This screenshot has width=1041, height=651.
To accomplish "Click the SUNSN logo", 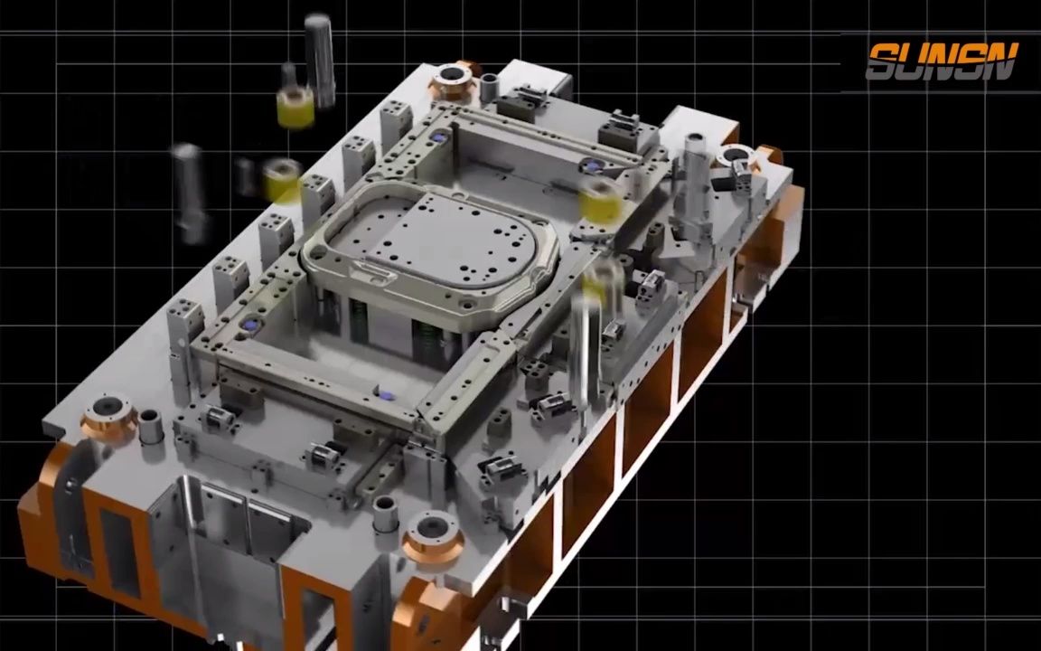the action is [942, 61].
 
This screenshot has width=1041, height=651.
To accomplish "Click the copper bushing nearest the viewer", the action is [432, 534].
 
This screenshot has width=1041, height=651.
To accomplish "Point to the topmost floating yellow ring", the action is [295, 107].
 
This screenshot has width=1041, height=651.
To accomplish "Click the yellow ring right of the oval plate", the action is [601, 202].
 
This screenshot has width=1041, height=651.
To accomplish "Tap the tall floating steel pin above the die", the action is [319, 61].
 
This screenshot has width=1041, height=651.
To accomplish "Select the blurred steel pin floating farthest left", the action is [189, 192].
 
